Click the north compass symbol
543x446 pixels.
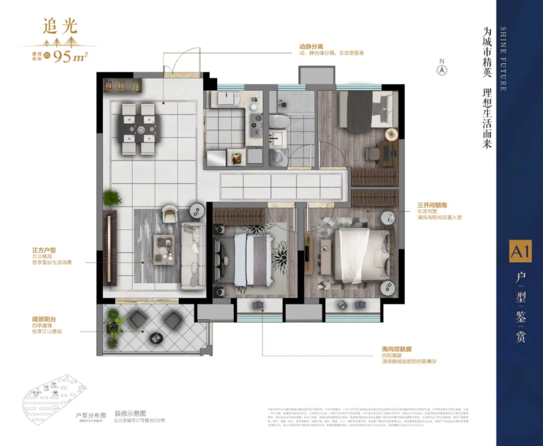(442, 69)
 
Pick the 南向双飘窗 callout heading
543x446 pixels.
(399, 350)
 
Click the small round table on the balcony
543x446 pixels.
(155, 337)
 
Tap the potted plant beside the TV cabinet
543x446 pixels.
(112, 198)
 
